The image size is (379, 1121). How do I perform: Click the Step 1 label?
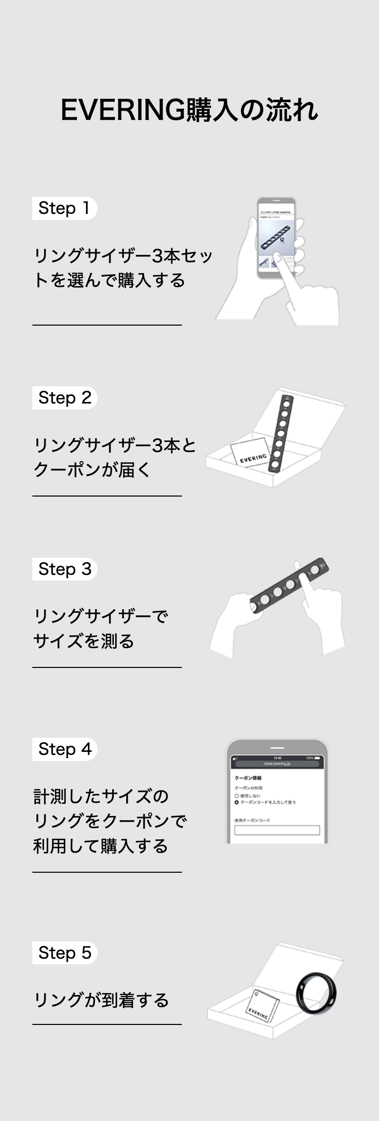click(x=64, y=208)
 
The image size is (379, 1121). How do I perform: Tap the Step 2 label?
click(x=65, y=398)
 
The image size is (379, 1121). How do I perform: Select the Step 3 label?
click(x=65, y=569)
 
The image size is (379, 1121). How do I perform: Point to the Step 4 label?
click(x=65, y=749)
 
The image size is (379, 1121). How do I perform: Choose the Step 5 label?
click(x=65, y=953)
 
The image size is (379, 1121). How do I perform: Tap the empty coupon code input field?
click(x=277, y=830)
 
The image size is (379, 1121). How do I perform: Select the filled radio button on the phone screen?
click(x=236, y=802)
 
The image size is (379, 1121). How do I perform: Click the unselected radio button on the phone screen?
click(x=236, y=796)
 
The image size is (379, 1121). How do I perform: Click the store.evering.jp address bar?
click(x=277, y=764)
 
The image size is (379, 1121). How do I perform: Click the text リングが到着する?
click(x=101, y=1000)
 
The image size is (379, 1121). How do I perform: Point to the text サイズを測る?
click(x=83, y=641)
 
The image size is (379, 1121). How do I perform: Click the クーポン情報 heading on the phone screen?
click(x=248, y=778)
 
